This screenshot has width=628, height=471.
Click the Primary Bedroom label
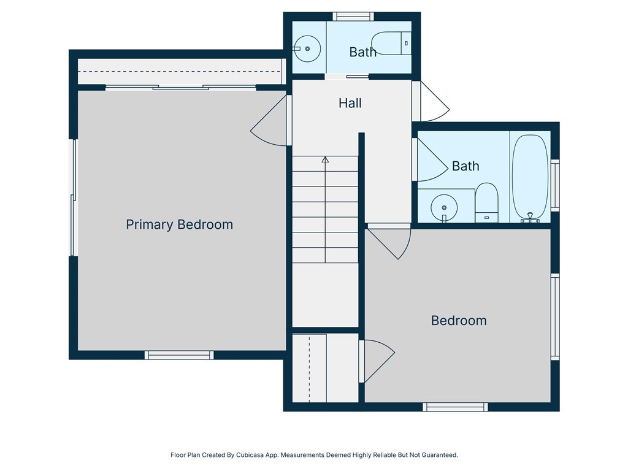click(x=180, y=224)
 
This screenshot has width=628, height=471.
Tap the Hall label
click(x=350, y=103)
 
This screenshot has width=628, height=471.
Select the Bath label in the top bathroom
click(x=362, y=52)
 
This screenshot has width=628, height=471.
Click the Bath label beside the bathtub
click(x=465, y=166)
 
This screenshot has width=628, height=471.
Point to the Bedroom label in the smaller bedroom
click(x=459, y=321)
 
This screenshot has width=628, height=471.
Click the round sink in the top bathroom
click(x=307, y=48)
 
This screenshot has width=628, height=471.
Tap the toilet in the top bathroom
click(x=391, y=44)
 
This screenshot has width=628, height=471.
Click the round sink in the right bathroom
click(x=444, y=208)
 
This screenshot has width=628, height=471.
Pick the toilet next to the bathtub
click(x=486, y=202)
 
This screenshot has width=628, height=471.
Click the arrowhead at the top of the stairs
click(x=325, y=159)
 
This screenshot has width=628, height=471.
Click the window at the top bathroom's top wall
click(x=353, y=17)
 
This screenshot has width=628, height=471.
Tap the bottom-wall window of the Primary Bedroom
click(x=179, y=355)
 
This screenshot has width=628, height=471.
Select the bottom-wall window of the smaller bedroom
click(x=456, y=407)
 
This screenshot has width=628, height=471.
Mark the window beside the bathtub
click(x=555, y=185)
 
